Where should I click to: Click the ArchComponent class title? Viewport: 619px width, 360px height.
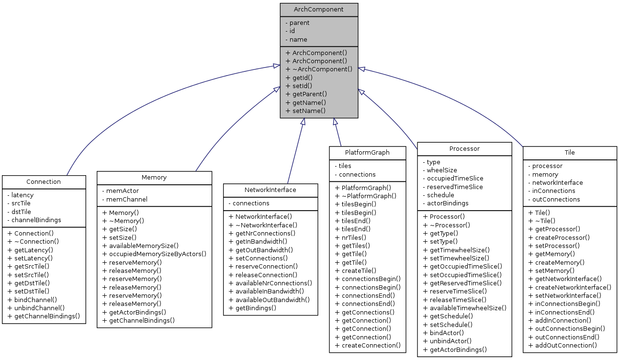319,10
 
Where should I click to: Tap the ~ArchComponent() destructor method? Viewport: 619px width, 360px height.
319,69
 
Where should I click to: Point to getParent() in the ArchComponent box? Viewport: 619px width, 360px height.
306,94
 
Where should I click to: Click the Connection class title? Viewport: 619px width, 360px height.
44,181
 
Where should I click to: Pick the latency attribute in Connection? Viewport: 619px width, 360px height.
22,195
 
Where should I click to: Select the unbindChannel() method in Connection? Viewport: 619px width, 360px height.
36,308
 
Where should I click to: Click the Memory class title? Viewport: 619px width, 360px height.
154,177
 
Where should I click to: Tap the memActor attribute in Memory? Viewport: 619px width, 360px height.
122,191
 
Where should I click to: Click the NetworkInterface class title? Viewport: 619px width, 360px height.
270,190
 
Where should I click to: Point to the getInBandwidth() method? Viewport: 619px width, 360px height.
261,241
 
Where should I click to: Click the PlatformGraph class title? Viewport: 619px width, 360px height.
367,152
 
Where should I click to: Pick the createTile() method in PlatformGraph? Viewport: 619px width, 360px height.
355,270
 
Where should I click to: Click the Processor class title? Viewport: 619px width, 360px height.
464,148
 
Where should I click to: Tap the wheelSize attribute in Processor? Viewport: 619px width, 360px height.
442,170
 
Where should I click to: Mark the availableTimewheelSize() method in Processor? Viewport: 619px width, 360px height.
464,308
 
